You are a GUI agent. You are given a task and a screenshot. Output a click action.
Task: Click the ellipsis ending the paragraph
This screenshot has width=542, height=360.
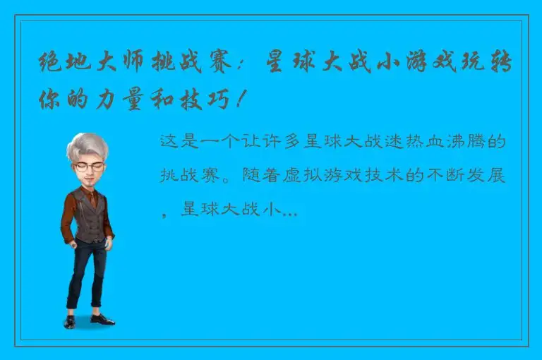pyautogui.click(x=289, y=210)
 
